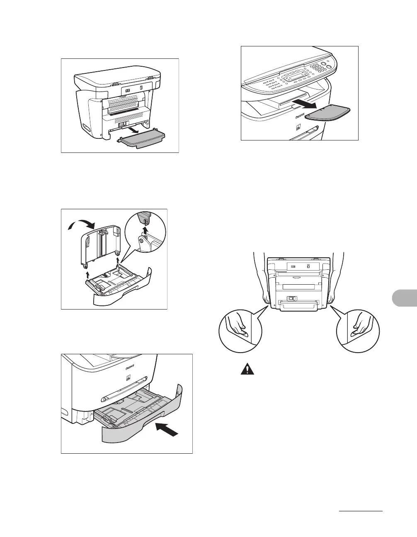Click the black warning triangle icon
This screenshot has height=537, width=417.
click(246, 370)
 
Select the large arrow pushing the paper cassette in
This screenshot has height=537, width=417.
click(168, 429)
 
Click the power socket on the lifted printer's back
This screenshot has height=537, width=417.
click(291, 298)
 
